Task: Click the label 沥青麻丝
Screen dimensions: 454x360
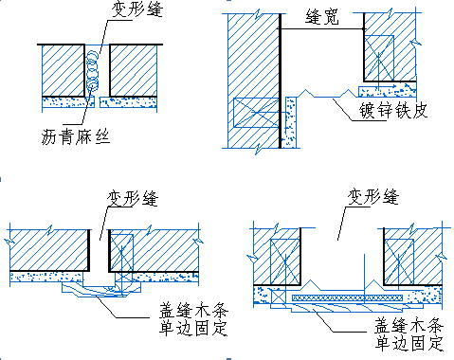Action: tap(76, 137)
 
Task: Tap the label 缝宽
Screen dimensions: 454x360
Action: tap(322, 16)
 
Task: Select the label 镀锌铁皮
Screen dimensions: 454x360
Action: tap(393, 110)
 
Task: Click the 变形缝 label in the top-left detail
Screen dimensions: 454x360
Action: tap(136, 9)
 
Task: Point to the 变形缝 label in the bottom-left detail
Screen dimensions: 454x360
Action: tap(133, 198)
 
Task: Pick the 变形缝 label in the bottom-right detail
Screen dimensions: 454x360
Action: tap(373, 197)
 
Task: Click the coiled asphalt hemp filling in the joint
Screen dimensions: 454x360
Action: tap(92, 72)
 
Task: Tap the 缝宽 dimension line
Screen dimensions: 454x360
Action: tap(321, 29)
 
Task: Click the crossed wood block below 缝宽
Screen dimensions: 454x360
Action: tap(379, 57)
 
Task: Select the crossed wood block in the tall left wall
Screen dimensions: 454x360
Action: tap(256, 113)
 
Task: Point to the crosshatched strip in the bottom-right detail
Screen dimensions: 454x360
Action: tap(348, 297)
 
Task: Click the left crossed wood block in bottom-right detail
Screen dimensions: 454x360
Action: tap(285, 261)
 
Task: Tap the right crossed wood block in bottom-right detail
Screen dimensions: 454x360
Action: tap(399, 261)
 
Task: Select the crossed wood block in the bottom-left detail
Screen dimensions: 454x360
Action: tap(121, 252)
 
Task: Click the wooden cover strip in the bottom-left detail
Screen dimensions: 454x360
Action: tap(101, 290)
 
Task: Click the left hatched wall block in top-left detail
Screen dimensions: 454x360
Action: tap(64, 70)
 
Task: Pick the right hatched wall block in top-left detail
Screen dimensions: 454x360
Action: tap(134, 70)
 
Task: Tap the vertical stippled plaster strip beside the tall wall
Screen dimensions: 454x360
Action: tap(291, 122)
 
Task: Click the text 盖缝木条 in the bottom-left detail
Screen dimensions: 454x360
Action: tap(193, 311)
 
